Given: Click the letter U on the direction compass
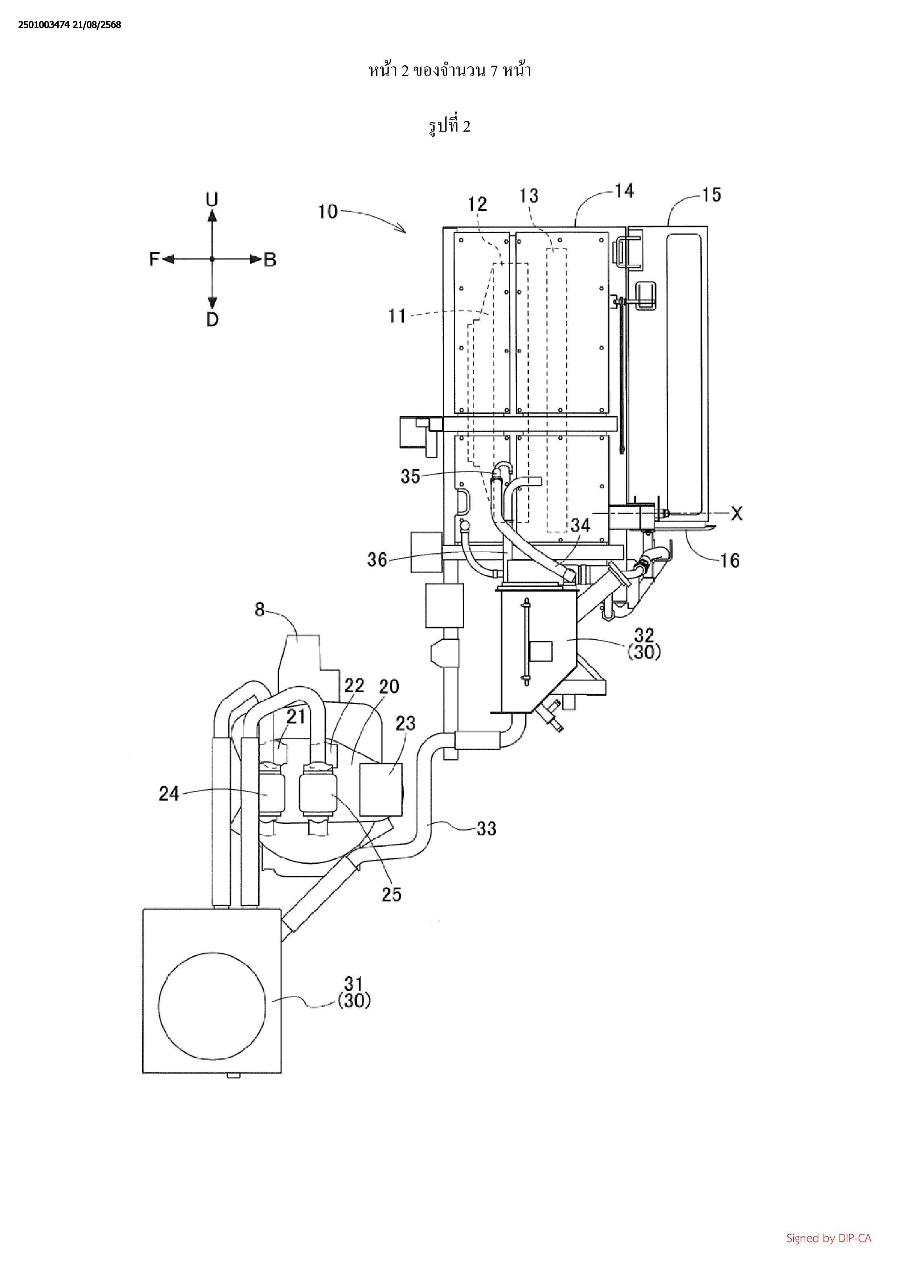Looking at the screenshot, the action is (212, 199).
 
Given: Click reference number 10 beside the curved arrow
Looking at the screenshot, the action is (328, 212).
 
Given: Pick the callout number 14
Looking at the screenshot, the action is (624, 191).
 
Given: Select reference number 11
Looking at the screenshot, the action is (397, 316).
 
